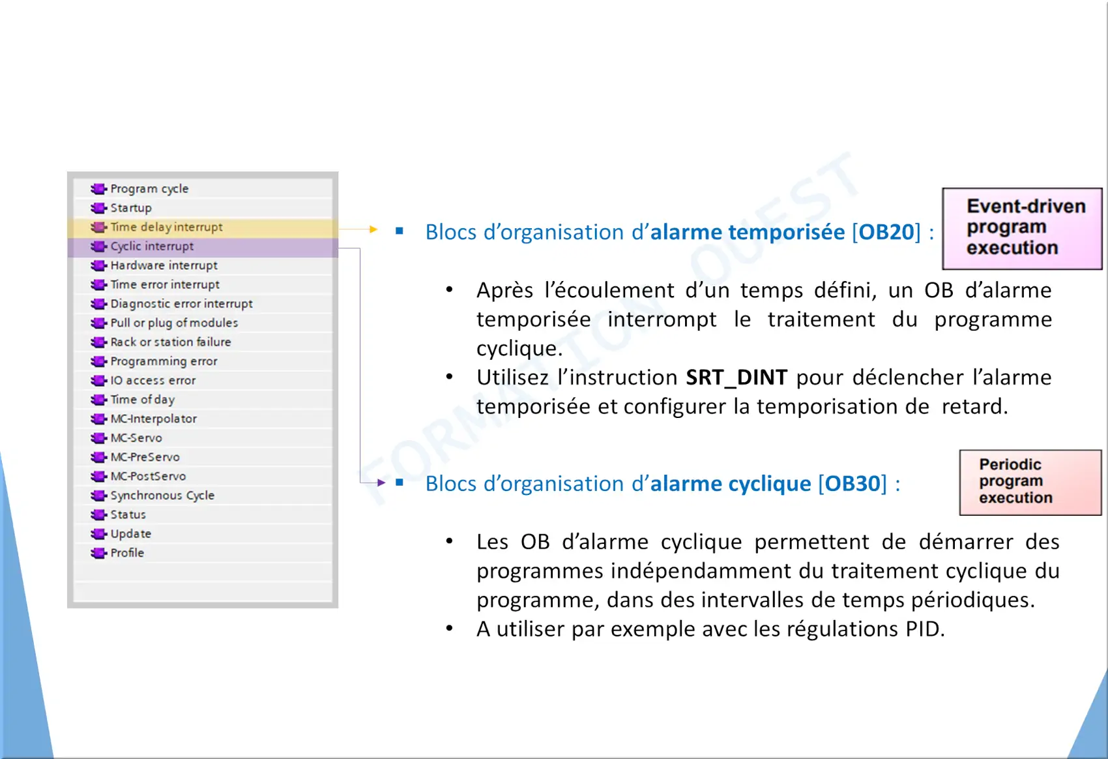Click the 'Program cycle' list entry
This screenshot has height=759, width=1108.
149,188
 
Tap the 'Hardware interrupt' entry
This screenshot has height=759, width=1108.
164,265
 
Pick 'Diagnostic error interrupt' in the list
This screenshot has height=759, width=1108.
181,304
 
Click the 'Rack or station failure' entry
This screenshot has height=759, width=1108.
171,342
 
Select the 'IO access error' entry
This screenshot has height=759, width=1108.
153,381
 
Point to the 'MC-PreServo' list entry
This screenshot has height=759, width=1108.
145,457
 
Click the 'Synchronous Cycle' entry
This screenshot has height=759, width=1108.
162,496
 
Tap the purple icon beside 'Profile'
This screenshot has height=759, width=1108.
98,553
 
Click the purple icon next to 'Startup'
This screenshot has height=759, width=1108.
98,208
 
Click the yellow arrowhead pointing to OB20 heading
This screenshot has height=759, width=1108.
373,229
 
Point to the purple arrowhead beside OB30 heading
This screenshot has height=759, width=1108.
381,483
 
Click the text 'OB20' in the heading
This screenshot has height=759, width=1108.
886,232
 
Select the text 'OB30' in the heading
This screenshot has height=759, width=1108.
853,484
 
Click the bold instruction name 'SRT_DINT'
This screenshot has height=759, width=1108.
736,378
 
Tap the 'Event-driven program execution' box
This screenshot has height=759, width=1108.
1022,229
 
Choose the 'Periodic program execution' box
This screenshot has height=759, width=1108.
1030,483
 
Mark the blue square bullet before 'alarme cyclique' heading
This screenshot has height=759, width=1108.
400,483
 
